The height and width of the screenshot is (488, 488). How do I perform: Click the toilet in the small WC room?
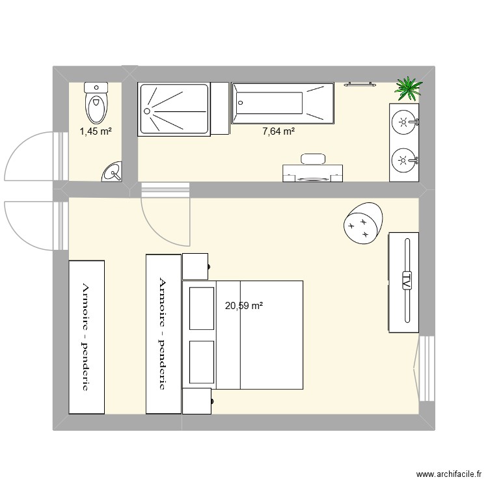[96, 103]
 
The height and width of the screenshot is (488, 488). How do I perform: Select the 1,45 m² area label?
[96, 132]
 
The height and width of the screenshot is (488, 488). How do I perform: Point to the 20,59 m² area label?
[244, 305]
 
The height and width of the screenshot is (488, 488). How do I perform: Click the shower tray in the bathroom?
[174, 109]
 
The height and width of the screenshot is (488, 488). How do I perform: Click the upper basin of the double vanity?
[405, 121]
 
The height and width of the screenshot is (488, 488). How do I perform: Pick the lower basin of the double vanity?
[405, 159]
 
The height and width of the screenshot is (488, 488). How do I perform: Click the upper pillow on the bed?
[202, 307]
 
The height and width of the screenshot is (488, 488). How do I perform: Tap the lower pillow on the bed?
[202, 362]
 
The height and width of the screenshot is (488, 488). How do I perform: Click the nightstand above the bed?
[195, 266]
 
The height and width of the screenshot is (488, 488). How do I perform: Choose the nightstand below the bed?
[197, 400]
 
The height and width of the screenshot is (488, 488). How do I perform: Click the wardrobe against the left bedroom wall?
[87, 336]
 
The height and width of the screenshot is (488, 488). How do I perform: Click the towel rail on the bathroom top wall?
[359, 83]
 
